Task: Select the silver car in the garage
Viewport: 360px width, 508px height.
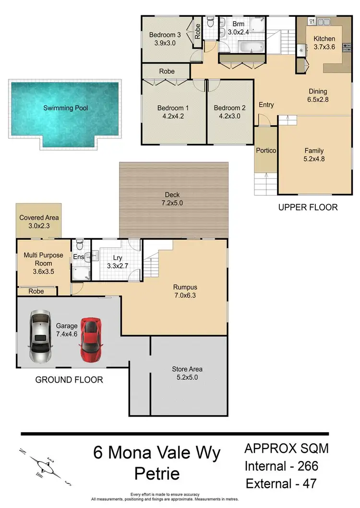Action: coord(39,336)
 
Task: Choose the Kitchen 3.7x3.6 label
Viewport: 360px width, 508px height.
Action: coord(324,43)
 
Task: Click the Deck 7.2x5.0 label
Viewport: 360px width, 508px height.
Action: coord(173,199)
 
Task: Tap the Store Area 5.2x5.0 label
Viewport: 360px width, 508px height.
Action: coord(187,373)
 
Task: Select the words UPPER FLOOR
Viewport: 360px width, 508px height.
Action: coord(308,207)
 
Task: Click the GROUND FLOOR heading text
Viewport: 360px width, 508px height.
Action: coord(69,380)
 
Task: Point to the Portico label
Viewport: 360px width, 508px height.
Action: coord(266,150)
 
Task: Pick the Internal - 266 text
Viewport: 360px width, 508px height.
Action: coord(281,466)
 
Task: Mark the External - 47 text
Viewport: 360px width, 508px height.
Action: coord(282,483)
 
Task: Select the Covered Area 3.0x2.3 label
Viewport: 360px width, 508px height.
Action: coord(39,221)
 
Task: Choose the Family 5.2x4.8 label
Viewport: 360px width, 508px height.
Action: coord(314,155)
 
